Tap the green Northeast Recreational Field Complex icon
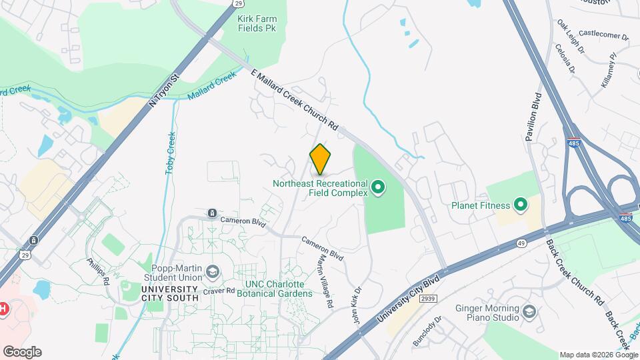coord(379,187)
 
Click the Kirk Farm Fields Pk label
coord(257,24)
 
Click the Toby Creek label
coord(171,153)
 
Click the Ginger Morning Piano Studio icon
coord(529,311)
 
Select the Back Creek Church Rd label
coord(575,273)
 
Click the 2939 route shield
coord(429,299)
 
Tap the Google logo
coord(22,351)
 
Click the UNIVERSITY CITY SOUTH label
coord(170,293)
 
